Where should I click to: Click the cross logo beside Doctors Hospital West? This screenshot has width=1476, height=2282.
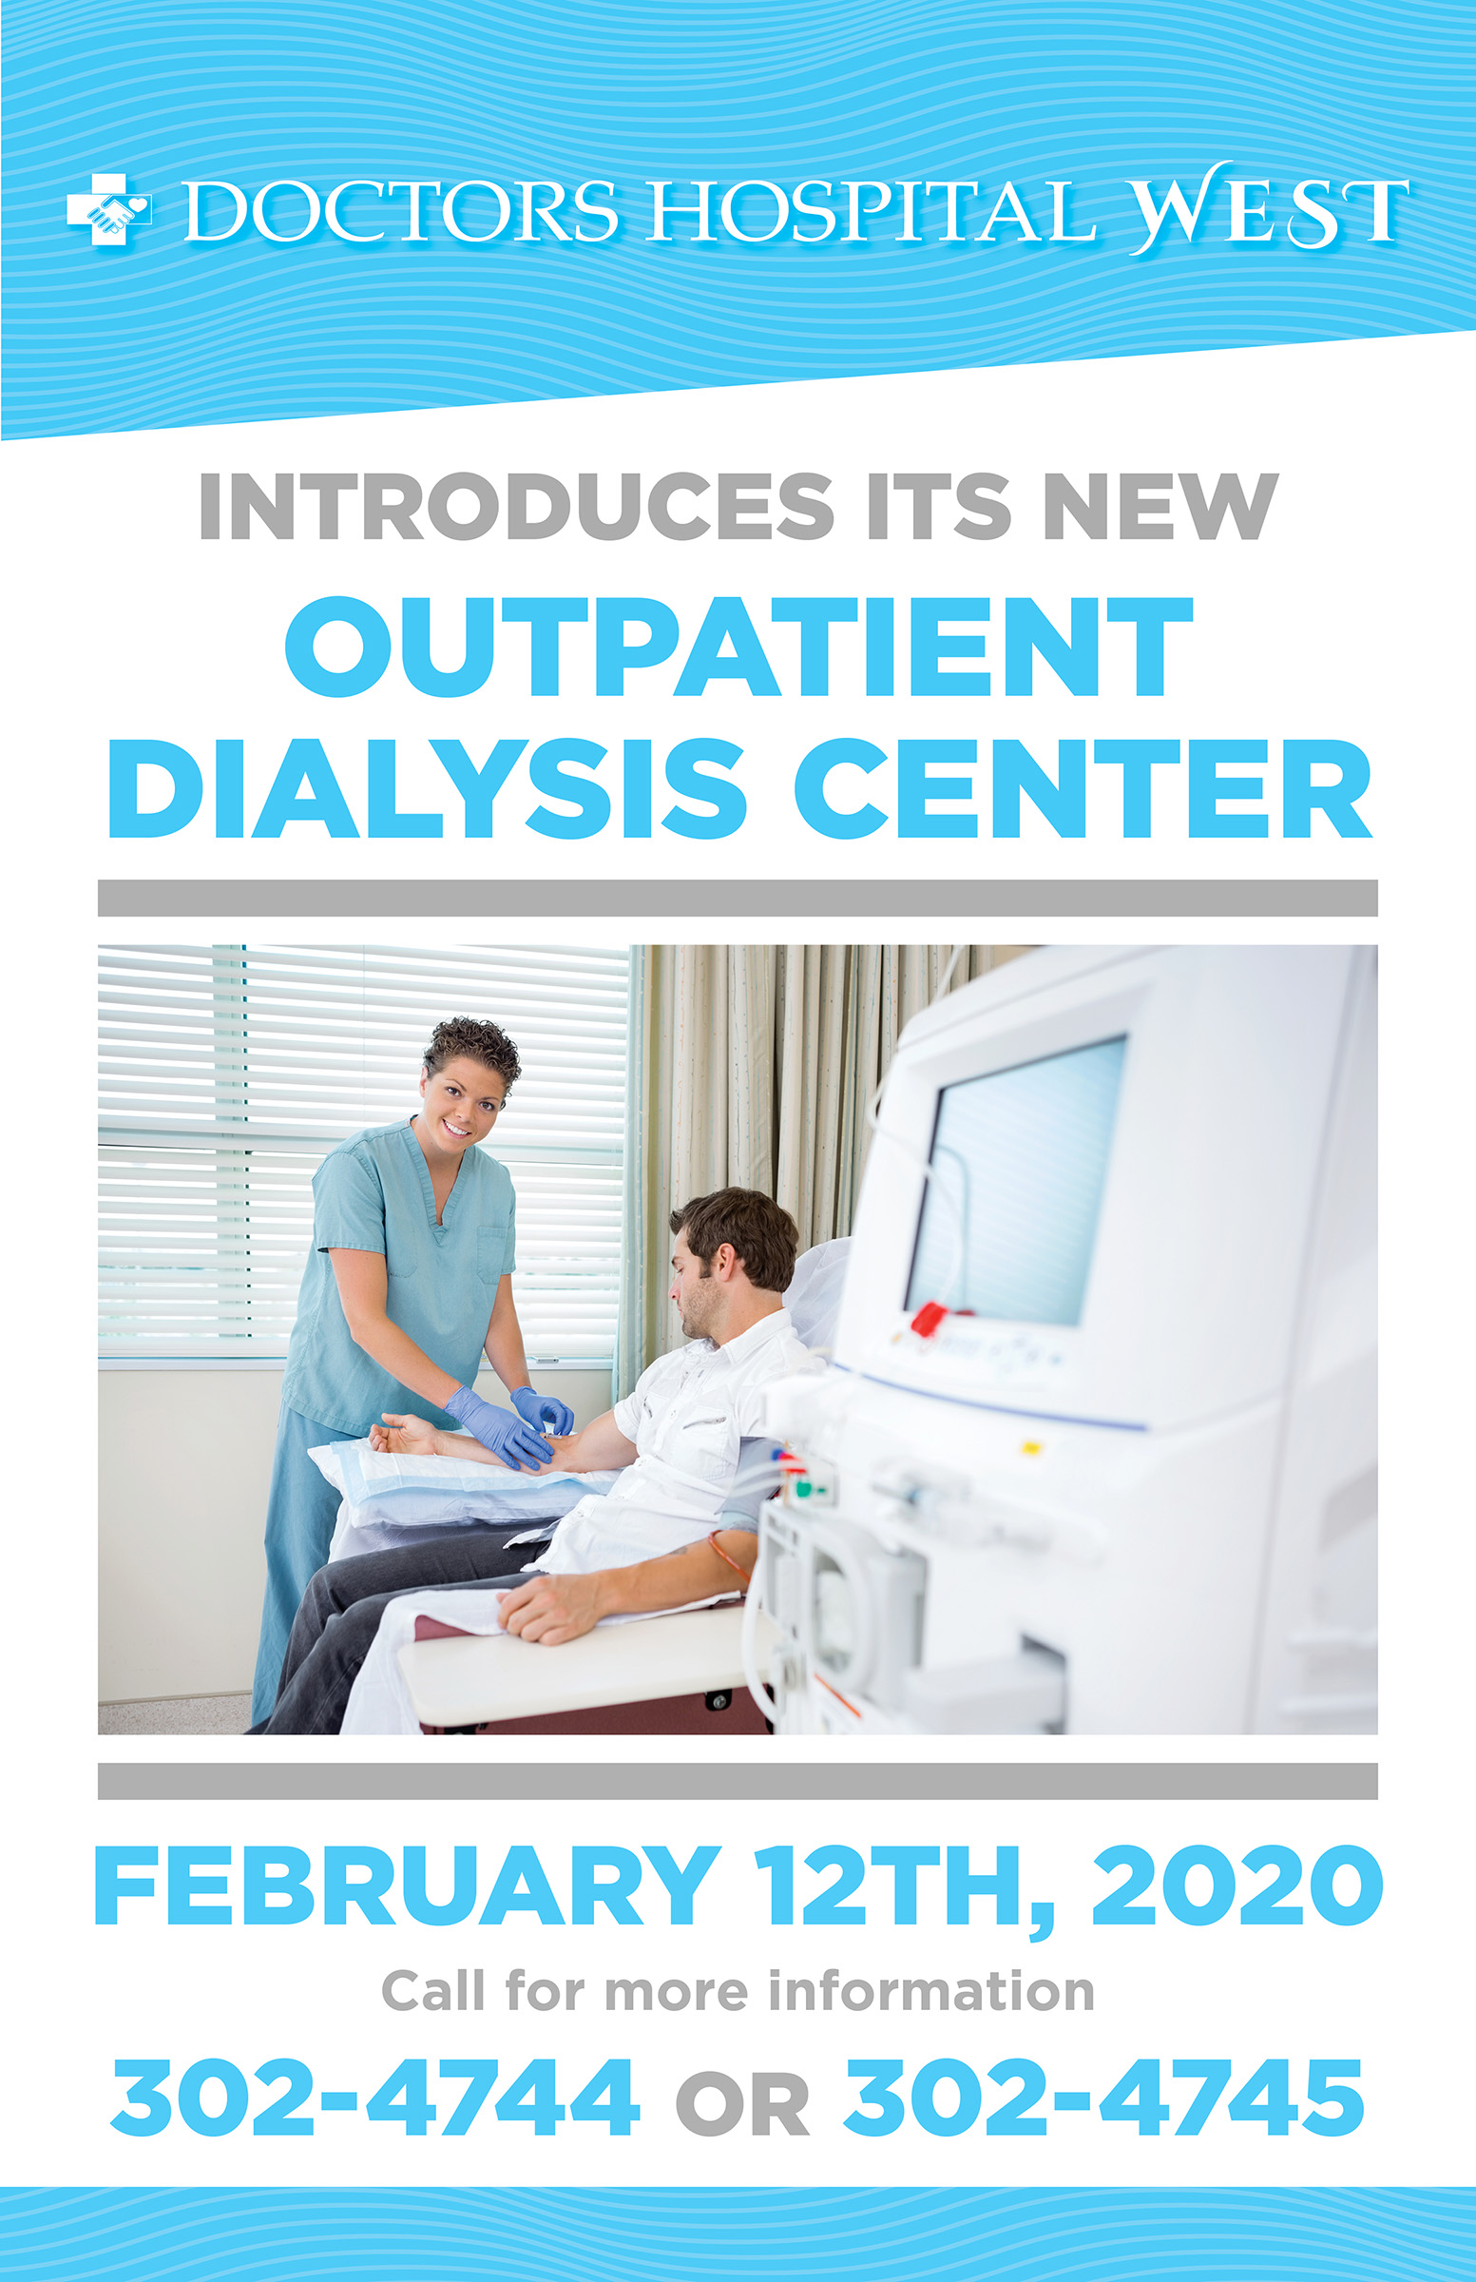click(108, 209)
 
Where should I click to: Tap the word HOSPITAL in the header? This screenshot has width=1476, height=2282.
click(872, 210)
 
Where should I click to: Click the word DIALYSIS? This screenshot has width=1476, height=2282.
click(426, 789)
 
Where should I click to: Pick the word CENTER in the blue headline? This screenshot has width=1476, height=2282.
click(1083, 789)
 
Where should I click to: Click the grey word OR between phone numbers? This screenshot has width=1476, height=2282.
click(742, 2104)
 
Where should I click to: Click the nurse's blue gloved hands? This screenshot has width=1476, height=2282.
click(508, 1424)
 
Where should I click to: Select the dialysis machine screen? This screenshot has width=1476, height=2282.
click(1017, 1178)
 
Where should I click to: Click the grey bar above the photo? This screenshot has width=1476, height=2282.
click(738, 898)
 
